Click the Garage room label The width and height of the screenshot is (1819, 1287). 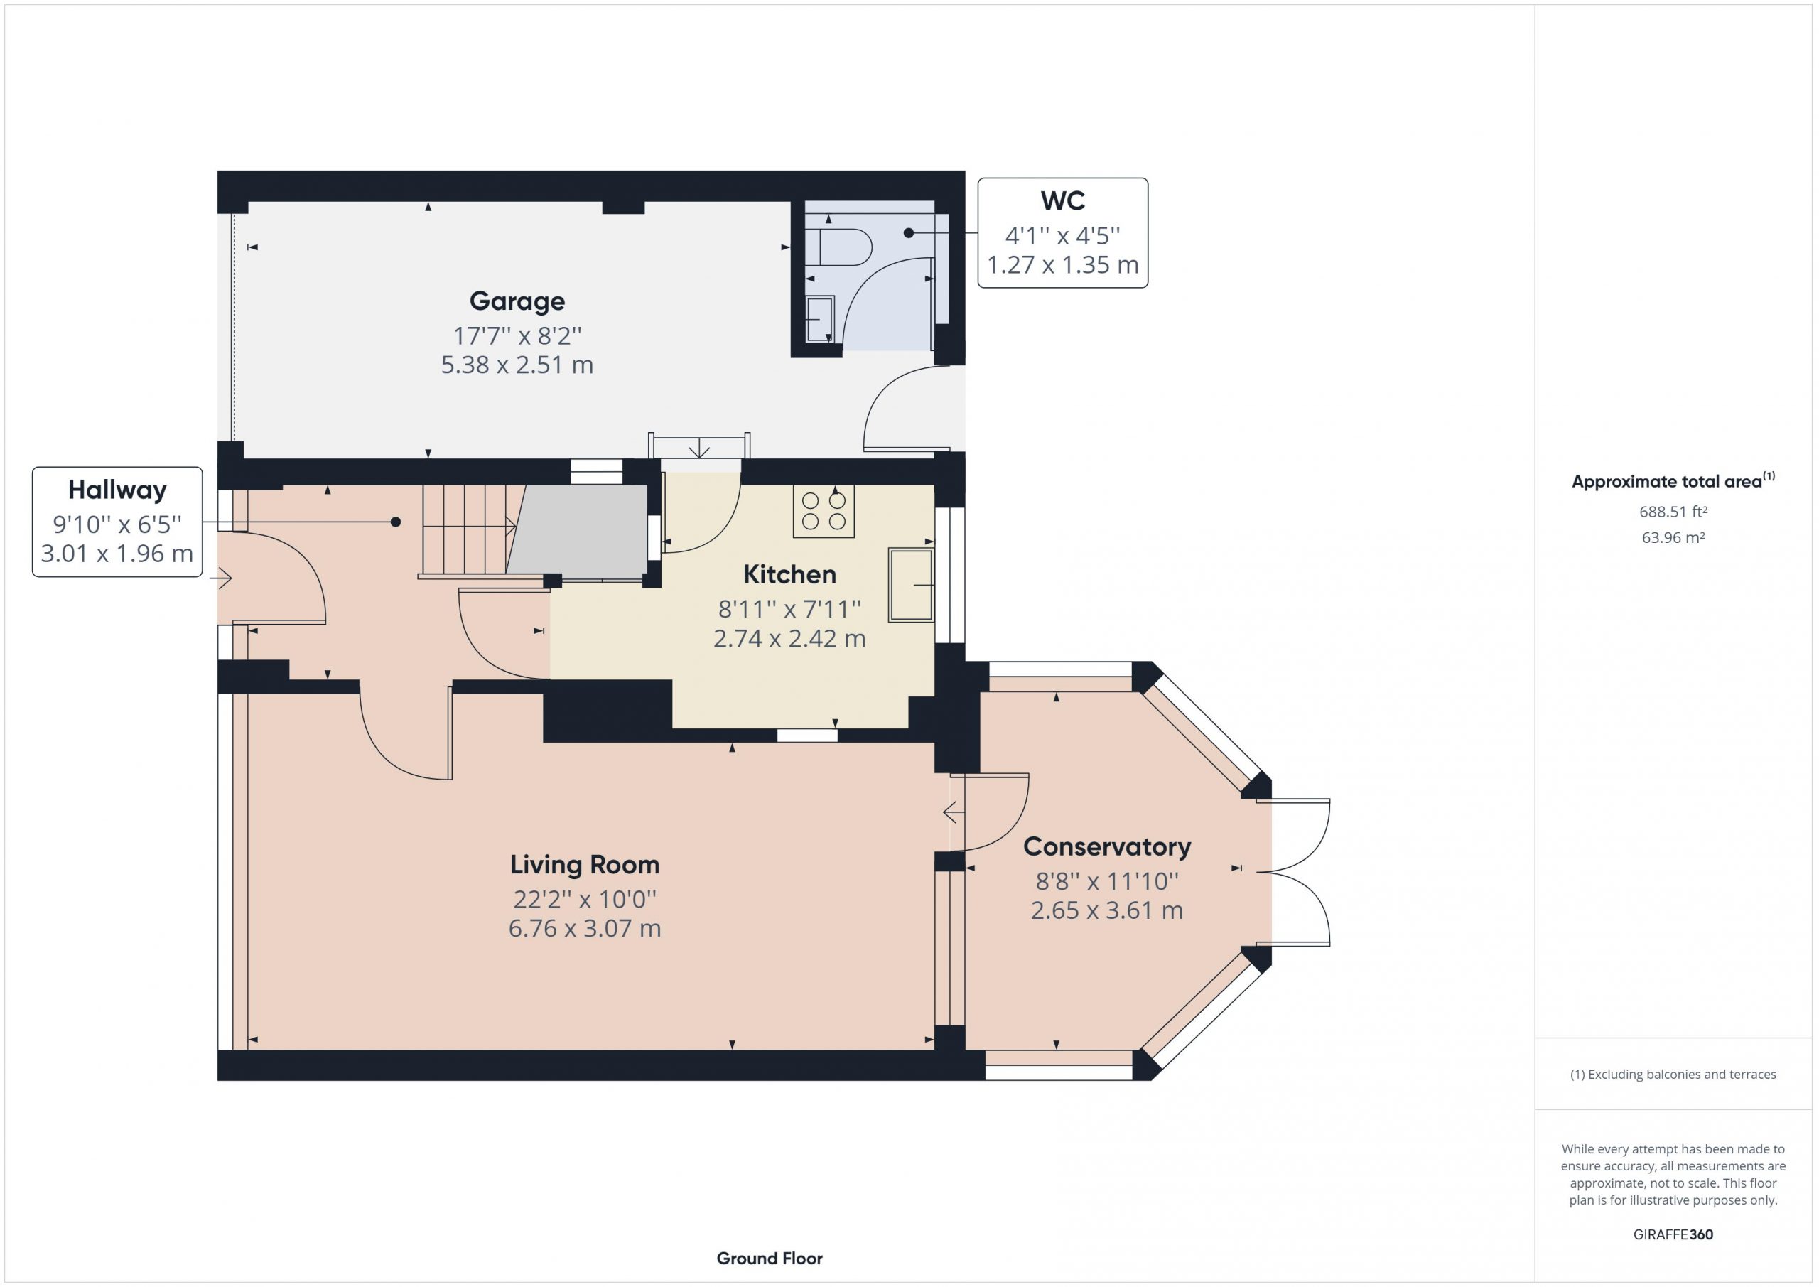517,301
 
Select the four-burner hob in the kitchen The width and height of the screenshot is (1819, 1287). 824,511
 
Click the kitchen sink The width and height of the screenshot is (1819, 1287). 911,585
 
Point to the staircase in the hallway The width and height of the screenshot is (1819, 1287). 469,530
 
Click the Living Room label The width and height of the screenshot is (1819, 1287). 585,865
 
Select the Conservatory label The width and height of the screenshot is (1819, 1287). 1107,846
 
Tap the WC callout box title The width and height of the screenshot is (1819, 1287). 1062,200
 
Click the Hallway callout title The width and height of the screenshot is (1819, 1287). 117,490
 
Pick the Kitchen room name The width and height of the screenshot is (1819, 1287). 789,574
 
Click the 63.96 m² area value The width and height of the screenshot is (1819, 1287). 1673,537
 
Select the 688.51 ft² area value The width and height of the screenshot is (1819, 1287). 1673,512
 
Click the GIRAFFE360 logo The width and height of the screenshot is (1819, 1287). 1673,1234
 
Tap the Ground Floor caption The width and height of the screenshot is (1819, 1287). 770,1259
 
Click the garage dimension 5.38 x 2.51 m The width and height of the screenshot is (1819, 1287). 517,365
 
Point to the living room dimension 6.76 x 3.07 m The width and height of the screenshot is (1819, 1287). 585,928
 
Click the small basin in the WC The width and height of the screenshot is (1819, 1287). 820,319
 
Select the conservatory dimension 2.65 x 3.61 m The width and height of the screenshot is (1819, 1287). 1107,910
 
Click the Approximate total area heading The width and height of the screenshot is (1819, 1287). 1673,481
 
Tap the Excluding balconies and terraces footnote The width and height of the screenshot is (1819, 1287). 1673,1075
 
